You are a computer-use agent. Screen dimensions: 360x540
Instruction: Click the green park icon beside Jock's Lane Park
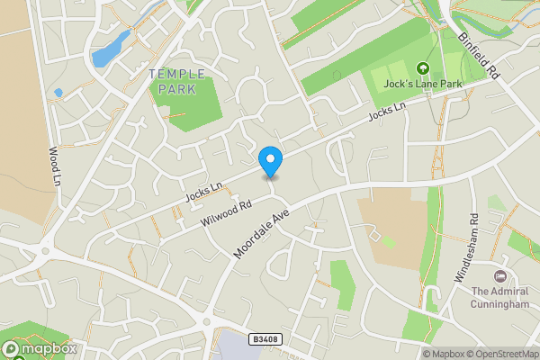[421, 67]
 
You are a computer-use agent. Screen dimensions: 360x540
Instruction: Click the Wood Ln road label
[54, 166]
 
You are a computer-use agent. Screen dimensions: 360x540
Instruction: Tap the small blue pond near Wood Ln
[58, 92]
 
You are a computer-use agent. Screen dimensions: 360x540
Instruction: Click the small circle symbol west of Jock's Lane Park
[337, 75]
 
